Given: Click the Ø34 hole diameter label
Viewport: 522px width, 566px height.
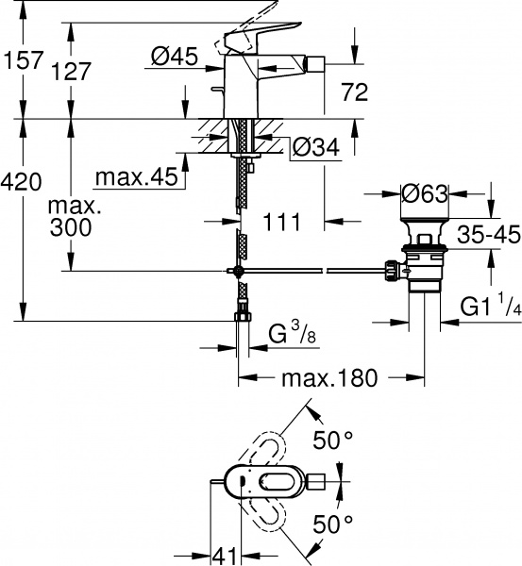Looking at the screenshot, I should point(312,148).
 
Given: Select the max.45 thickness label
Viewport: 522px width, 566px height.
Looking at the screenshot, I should point(138,176).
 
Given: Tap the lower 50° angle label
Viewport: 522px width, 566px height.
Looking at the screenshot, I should point(333,522).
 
